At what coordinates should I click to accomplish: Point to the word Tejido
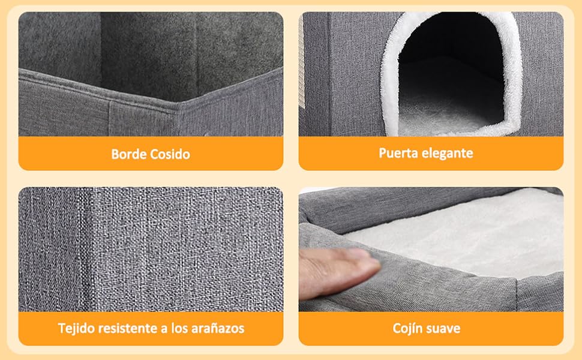pos(76,328)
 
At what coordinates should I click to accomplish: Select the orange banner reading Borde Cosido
pos(151,154)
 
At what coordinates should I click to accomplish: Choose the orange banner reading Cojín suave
pos(431,328)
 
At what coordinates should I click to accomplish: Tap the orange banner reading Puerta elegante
pos(431,153)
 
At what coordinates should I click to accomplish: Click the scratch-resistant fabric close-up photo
pos(151,250)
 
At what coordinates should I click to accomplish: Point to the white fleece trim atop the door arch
pos(451,17)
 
